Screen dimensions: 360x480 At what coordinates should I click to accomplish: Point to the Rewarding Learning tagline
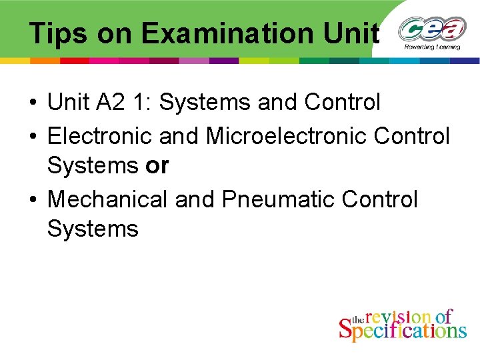(x=431, y=47)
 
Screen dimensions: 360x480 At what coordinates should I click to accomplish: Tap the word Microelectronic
(x=287, y=135)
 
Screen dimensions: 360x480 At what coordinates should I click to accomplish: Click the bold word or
(x=157, y=166)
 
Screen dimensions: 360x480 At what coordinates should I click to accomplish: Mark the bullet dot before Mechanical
(x=32, y=199)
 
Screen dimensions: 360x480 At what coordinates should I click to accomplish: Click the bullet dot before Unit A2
(x=32, y=103)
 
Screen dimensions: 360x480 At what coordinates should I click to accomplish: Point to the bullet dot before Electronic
(x=32, y=136)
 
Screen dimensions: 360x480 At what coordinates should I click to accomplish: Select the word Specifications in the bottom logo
(x=403, y=330)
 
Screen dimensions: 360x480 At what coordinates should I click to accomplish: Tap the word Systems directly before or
(x=93, y=166)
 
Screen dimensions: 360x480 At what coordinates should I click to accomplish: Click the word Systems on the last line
(x=93, y=229)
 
